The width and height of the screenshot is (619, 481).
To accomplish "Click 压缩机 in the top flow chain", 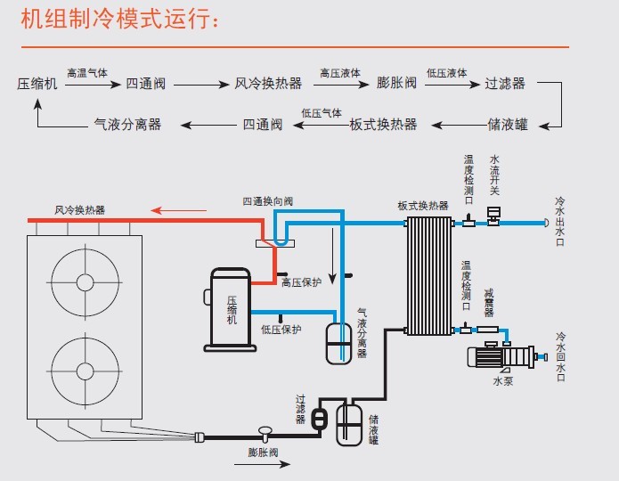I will tap(37, 84).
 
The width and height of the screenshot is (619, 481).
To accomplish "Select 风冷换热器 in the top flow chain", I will tap(268, 84).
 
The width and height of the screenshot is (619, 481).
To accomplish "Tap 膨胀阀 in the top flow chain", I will tap(397, 84).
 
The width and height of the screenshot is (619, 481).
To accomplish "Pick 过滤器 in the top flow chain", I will tap(505, 84).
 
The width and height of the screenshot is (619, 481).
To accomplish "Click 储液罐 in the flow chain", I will tap(508, 125).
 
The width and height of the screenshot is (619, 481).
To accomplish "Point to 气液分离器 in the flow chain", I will tap(128, 125).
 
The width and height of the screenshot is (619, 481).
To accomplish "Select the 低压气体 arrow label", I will tap(322, 113).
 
